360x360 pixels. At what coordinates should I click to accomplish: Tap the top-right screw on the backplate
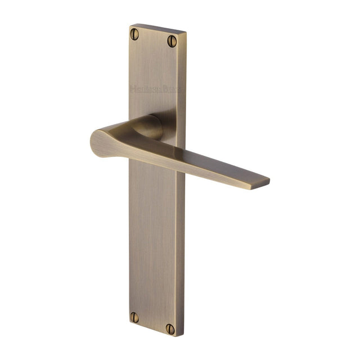pyautogui.click(x=172, y=40)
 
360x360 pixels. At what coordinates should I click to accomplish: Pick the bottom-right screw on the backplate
pyautogui.click(x=170, y=328)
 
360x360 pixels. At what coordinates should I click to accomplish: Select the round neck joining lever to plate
pyautogui.click(x=154, y=126)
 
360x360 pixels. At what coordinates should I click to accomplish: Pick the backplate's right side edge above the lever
pyautogui.click(x=182, y=84)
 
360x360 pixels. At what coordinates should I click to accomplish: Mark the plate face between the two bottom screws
pyautogui.click(x=153, y=322)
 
